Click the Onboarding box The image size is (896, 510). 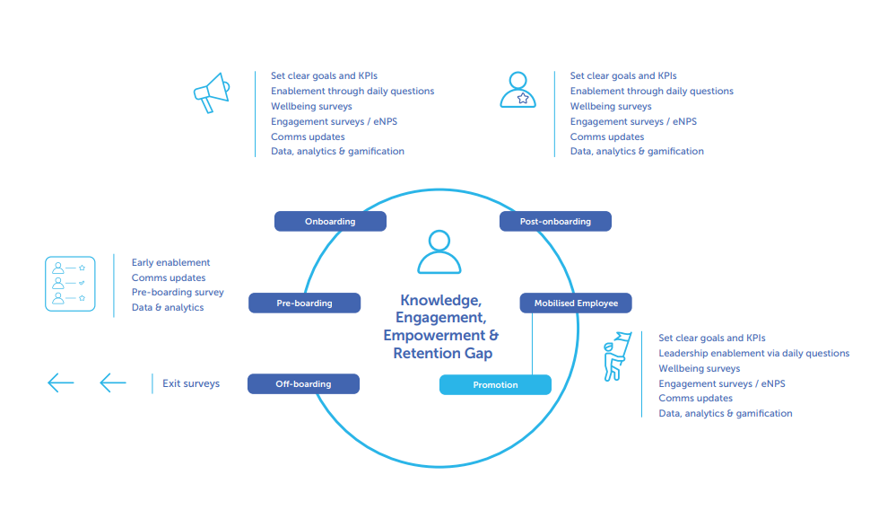tap(330, 221)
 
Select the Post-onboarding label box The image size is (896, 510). tap(555, 221)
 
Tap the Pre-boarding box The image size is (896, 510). tap(304, 303)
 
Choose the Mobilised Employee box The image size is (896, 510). tap(575, 303)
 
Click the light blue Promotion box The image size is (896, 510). tap(495, 384)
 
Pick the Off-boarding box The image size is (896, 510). tap(303, 384)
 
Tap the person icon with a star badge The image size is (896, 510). tap(518, 90)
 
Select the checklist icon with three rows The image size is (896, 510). tap(70, 284)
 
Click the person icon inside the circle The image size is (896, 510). tap(439, 252)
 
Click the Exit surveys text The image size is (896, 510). tap(191, 383)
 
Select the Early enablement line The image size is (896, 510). tap(170, 262)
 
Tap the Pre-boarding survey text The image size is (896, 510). tap(178, 292)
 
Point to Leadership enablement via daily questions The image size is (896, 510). tap(753, 353)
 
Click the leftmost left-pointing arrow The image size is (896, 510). tap(60, 383)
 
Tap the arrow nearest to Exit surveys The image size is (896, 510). tap(113, 383)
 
